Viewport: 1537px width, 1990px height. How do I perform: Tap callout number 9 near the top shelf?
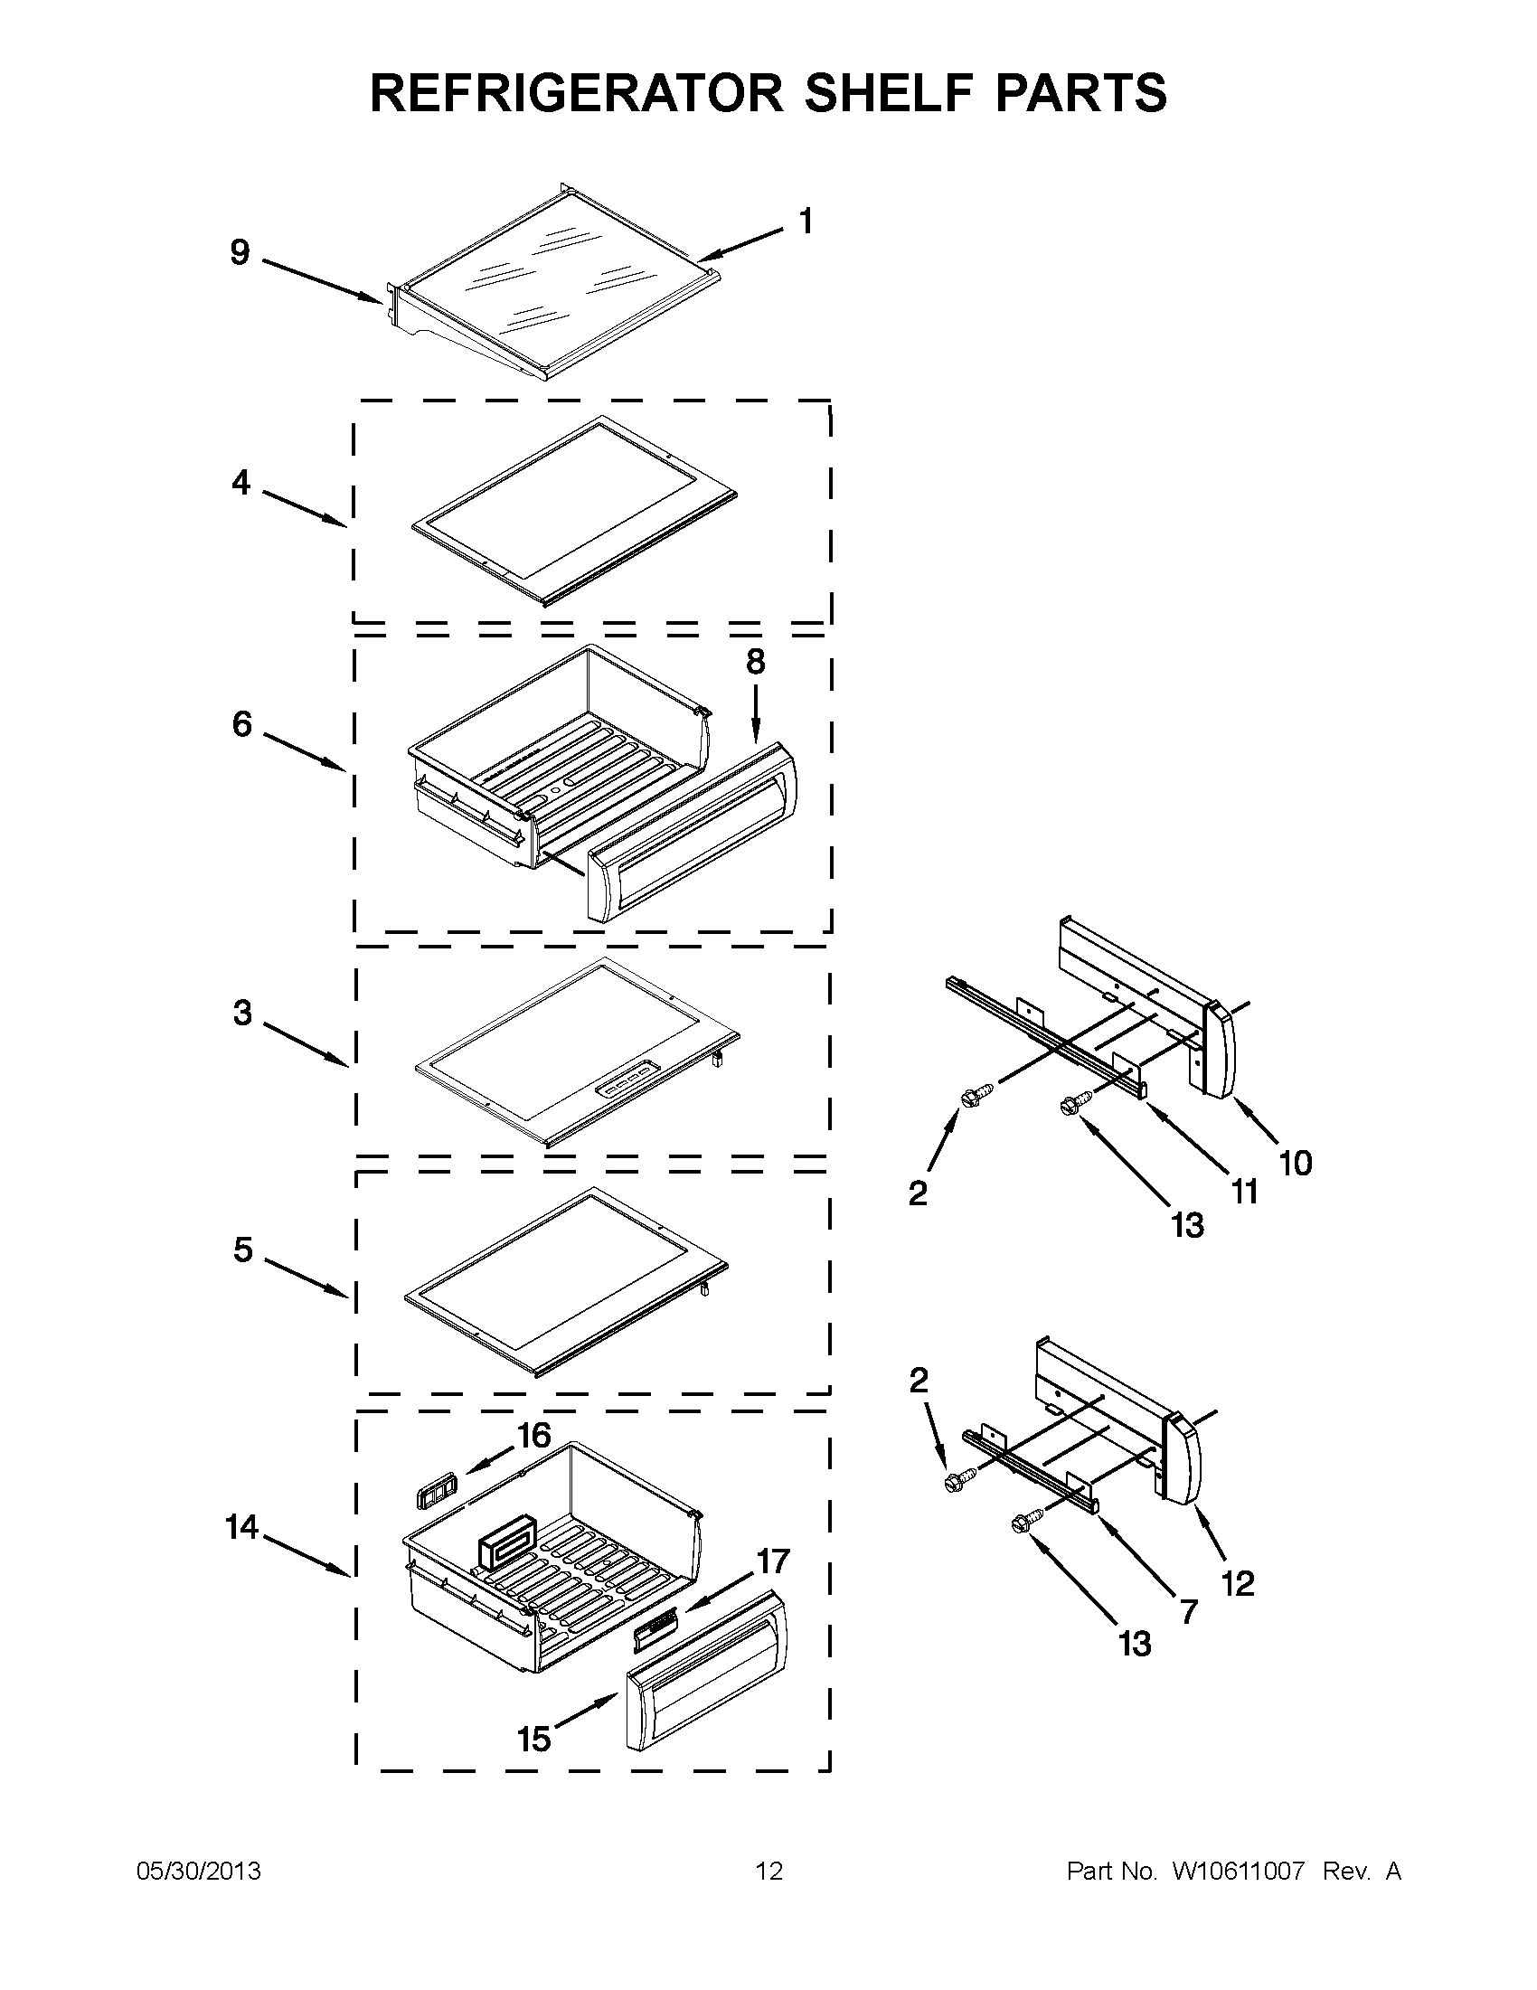click(240, 252)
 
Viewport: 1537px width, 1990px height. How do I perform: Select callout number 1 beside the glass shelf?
click(806, 222)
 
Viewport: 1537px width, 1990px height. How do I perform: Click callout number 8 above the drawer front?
click(755, 663)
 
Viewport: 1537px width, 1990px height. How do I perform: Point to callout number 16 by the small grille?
click(534, 1436)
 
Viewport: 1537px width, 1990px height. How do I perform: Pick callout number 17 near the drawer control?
click(773, 1561)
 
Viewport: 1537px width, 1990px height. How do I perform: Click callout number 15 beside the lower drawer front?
click(535, 1739)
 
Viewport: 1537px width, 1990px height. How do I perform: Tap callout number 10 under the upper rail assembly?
click(1296, 1163)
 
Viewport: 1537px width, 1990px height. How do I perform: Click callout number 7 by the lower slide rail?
click(1188, 1613)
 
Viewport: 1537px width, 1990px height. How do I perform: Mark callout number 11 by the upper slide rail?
click(1245, 1190)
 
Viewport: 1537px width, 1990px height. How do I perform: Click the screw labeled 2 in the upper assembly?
click(970, 1091)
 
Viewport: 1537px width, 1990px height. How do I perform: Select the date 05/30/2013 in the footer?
click(199, 1872)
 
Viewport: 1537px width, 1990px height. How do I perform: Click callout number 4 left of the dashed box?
click(240, 482)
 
